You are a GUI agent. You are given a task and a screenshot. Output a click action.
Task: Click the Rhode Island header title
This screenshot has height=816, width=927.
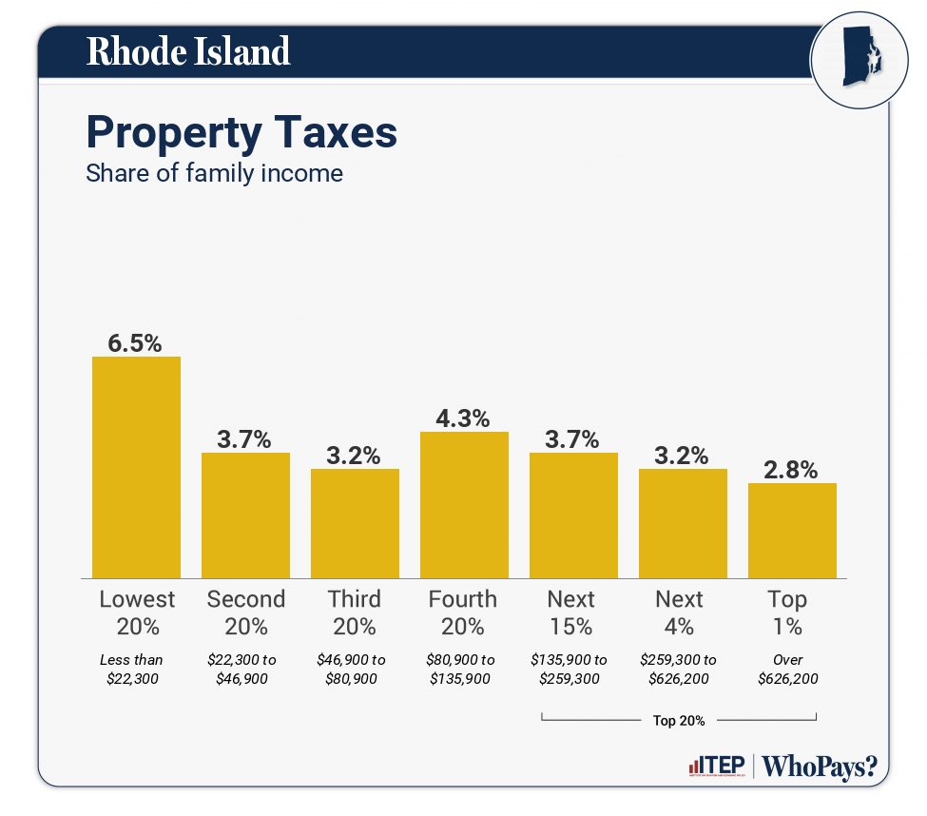187,51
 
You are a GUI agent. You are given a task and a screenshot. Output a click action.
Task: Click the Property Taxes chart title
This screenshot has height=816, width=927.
241,132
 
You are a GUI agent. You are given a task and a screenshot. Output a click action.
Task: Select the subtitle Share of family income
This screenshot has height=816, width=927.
214,174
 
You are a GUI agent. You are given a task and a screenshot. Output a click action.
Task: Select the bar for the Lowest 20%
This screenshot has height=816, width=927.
136,467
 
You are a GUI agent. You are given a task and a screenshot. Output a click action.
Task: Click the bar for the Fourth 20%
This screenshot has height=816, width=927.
464,505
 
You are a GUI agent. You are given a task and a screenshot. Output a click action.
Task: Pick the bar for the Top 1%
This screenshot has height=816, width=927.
792,531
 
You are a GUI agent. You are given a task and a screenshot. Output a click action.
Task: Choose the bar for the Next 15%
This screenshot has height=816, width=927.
573,515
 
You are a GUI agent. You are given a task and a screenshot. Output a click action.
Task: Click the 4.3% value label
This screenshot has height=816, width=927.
464,418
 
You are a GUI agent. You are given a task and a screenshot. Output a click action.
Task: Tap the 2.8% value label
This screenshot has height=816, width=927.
792,470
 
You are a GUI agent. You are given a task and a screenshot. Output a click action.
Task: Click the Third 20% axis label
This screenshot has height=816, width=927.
355,612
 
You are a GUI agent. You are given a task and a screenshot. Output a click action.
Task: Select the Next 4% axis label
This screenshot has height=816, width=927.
680,612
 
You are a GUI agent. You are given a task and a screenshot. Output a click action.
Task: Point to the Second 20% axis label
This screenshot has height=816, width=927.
245,612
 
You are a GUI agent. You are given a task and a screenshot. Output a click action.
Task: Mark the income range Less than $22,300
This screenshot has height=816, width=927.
132,669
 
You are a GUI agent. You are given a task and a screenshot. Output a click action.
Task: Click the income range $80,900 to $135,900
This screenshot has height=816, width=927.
462,669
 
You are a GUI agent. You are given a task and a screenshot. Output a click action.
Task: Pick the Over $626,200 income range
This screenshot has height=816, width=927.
788,669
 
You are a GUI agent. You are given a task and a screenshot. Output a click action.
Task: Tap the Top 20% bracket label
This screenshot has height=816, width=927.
679,720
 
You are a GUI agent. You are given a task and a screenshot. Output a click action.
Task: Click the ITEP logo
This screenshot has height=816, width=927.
716,767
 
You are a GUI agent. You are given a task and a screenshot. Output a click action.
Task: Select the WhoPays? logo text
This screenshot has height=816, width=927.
820,767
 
